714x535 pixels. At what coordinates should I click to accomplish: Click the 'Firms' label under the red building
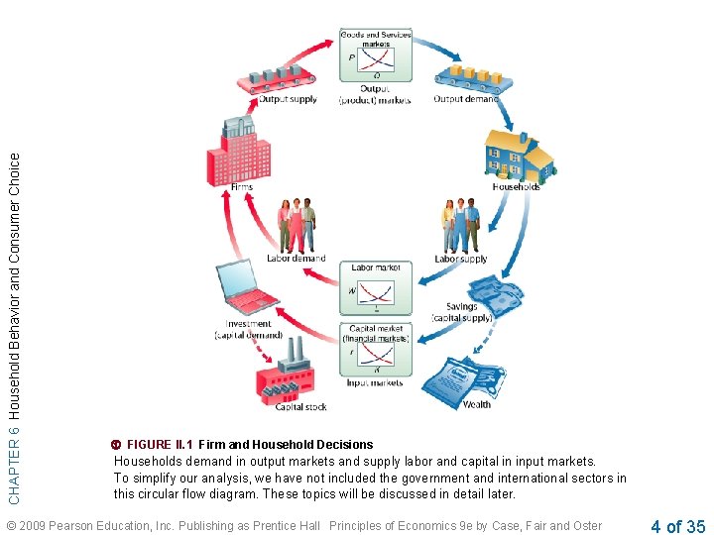click(241, 186)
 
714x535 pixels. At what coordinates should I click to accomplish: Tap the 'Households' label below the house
click(516, 186)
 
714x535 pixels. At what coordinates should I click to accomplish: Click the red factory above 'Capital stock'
click(289, 375)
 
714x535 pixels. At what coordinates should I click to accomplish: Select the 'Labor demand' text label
click(296, 259)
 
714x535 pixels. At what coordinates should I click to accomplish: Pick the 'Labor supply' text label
click(460, 260)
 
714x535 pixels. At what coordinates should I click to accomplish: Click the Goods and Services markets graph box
click(375, 55)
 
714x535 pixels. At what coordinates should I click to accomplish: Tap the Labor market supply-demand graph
click(375, 292)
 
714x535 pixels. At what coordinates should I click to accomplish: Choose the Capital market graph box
click(375, 352)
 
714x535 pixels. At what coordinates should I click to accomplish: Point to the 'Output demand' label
click(466, 99)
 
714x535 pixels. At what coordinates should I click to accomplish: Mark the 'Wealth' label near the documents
click(476, 404)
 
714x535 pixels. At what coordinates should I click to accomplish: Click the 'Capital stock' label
click(301, 406)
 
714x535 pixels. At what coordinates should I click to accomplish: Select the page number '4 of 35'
click(678, 526)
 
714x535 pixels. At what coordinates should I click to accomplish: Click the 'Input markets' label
click(375, 382)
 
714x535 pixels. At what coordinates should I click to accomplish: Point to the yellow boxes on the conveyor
click(465, 74)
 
